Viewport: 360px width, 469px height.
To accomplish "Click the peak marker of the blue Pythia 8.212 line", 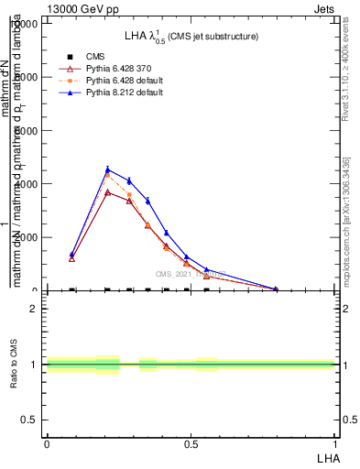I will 108,169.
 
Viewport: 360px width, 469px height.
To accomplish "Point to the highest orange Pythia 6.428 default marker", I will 108,175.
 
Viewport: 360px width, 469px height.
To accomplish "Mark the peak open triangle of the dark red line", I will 108,192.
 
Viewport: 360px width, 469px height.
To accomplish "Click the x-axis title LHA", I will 327,456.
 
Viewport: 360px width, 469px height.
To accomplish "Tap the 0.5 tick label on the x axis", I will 191,442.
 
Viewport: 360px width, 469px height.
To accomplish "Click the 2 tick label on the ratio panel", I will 34,309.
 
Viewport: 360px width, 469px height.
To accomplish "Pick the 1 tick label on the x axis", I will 335,442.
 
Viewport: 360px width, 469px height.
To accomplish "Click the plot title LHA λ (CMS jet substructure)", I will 191,37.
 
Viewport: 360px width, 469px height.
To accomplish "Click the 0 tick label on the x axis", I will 46,442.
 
